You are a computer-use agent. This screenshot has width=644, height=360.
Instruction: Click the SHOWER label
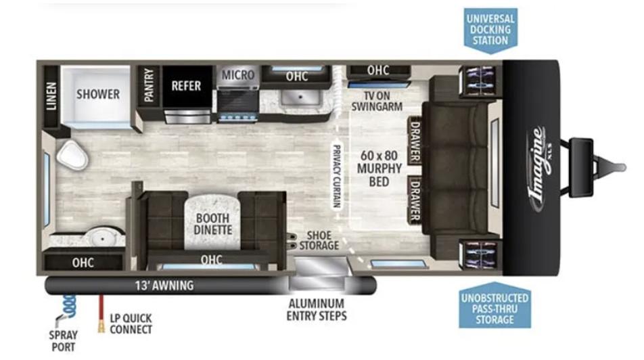pyautogui.click(x=97, y=94)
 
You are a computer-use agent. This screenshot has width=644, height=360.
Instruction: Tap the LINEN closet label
pyautogui.click(x=51, y=96)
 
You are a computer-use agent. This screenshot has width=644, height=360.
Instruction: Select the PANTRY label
pyautogui.click(x=149, y=85)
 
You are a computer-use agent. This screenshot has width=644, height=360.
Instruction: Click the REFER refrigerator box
pyautogui.click(x=187, y=87)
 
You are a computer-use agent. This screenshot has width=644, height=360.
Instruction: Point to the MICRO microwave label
pyautogui.click(x=238, y=75)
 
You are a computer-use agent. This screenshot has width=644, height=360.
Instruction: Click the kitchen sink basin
pyautogui.click(x=300, y=97)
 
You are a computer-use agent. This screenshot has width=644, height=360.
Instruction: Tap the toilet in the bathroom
pyautogui.click(x=72, y=155)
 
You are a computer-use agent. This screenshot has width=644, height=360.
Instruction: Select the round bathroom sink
pyautogui.click(x=100, y=237)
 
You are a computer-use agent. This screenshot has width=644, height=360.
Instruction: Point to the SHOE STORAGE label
pyautogui.click(x=319, y=240)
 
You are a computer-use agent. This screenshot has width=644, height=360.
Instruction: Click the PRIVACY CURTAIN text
pyautogui.click(x=336, y=177)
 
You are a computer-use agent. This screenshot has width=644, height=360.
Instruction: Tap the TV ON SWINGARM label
pyautogui.click(x=377, y=101)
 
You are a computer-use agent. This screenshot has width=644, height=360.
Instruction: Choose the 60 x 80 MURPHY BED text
pyautogui.click(x=379, y=168)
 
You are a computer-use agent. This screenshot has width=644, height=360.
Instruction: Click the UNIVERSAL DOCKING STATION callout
pyautogui.click(x=490, y=30)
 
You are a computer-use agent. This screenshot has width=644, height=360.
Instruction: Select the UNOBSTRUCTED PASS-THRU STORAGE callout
pyautogui.click(x=495, y=306)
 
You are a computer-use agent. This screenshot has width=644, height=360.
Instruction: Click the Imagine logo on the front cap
pyautogui.click(x=540, y=169)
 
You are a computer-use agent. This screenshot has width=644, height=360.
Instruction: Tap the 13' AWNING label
pyautogui.click(x=164, y=285)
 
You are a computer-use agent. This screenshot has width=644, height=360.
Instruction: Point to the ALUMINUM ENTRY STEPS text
pyautogui.click(x=317, y=309)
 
